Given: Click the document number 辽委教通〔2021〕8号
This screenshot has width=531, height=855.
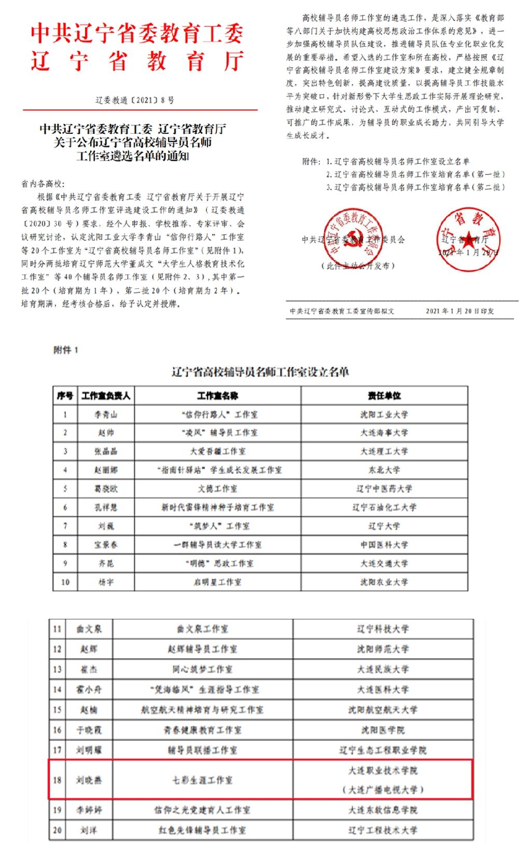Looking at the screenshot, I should (135, 101).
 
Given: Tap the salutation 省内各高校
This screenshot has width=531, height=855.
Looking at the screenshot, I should (43, 184).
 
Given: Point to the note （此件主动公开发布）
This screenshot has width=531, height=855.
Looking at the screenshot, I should (358, 266).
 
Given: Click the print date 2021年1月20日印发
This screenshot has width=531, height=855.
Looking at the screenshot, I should (459, 311).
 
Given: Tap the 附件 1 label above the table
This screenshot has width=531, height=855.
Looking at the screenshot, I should (65, 350).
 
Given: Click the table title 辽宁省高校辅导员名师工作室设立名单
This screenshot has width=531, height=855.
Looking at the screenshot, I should (260, 372).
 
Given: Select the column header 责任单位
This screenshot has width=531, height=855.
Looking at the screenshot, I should (384, 395).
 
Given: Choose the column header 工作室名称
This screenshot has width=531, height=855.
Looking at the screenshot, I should (217, 395).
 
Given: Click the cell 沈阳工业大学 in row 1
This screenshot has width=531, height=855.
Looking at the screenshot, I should (384, 415).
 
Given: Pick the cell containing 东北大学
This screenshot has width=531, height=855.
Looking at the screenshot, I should (384, 470).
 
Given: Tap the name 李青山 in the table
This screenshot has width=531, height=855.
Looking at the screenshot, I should (106, 415).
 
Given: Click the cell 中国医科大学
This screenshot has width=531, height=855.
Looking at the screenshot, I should (384, 545).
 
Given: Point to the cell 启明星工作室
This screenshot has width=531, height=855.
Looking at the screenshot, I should (217, 582).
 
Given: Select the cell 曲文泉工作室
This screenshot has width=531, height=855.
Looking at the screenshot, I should (202, 629).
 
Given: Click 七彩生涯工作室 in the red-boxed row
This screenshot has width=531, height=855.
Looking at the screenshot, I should (202, 780).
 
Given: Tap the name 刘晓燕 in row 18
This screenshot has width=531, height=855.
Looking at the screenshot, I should (89, 780).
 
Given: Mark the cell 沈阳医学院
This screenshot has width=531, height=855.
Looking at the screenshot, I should (383, 730).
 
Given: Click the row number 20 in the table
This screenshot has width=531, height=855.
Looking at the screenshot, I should (57, 830).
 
